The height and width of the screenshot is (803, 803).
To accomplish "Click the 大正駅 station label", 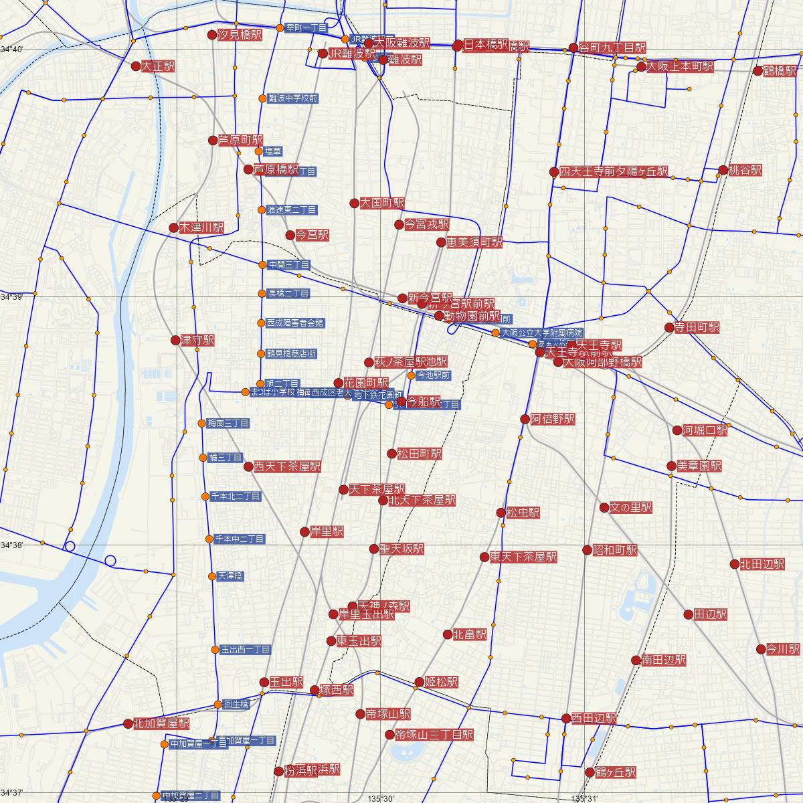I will coord(158,67).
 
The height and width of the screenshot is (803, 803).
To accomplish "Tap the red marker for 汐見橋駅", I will coord(212,35).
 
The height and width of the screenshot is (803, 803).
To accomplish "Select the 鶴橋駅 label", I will coord(780,70).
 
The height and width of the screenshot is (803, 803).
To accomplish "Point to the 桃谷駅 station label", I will coord(745,171).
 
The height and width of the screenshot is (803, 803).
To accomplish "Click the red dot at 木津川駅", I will coord(173,228).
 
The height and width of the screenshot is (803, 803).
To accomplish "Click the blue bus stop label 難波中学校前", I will coord(292,98).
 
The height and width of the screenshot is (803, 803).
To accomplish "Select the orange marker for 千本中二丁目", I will coord(209,539).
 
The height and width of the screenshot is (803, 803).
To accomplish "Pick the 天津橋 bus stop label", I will coord(230,575).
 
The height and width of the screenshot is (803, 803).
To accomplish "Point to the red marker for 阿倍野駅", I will coord(525,420).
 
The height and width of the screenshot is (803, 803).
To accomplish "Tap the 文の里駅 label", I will coord(630,508).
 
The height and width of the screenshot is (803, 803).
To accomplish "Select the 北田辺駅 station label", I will coord(762,564).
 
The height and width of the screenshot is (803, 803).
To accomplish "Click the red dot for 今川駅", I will coord(761,649).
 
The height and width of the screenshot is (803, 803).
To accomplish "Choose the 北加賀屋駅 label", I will coord(161,723).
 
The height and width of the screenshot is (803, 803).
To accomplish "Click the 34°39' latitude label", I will coord(12,297).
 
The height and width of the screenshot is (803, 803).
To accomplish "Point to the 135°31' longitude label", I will coord(585,798).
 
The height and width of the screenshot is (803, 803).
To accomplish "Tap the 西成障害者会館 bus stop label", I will coord(295,323).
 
